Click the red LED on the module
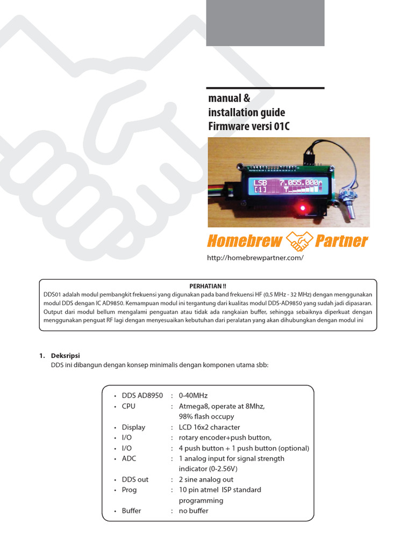pos(302,208)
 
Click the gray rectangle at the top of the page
pos(265,23)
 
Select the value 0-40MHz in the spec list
pos(193,395)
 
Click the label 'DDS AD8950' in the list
pos(142,395)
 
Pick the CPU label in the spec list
pos(129,406)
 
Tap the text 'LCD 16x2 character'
pos(209,427)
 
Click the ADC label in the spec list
pos(130,458)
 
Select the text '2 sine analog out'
pos(205,479)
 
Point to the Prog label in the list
pos(129,490)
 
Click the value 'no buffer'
pos(194,511)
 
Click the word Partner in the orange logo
pos(341,241)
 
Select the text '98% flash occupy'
pos(206,416)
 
